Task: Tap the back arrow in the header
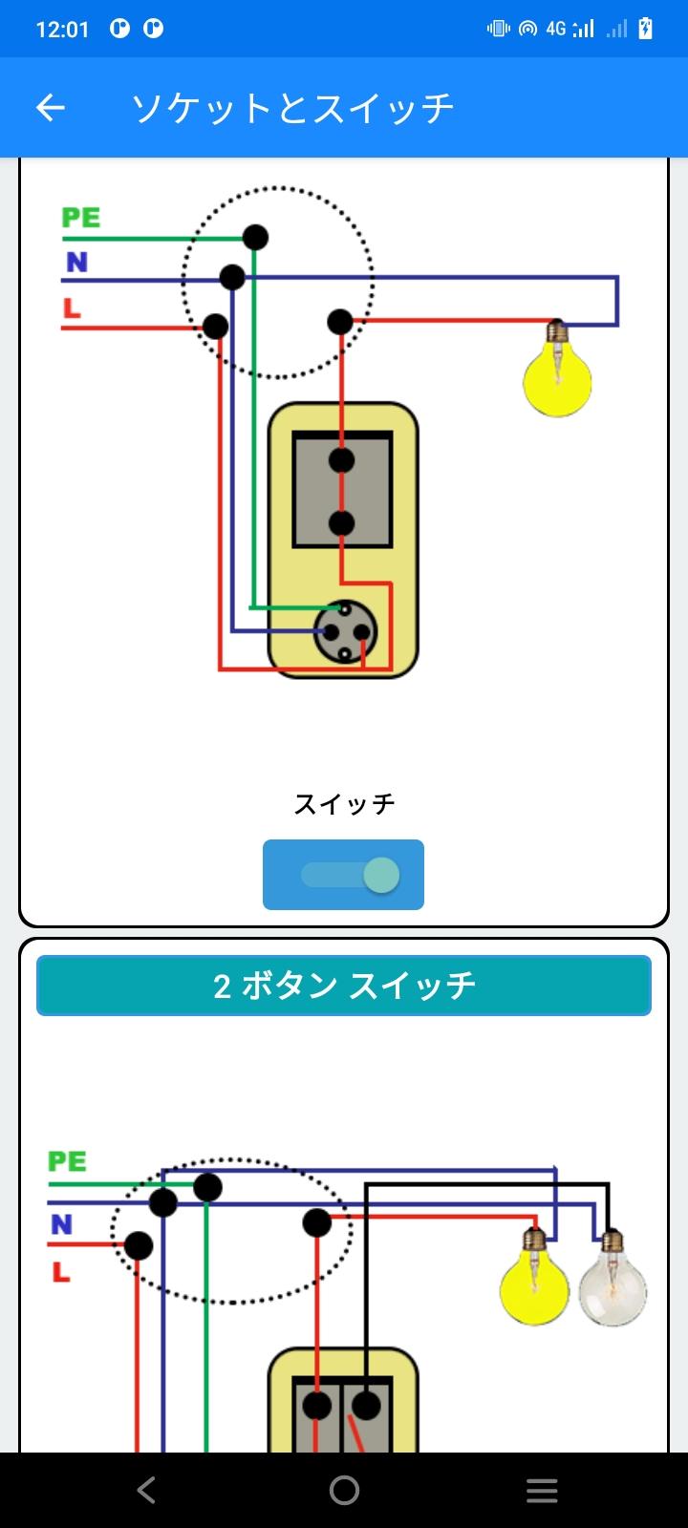[x=51, y=108]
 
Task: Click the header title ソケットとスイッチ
[x=292, y=108]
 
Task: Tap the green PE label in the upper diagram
[x=81, y=218]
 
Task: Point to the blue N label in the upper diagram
[x=77, y=262]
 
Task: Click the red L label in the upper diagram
[x=72, y=308]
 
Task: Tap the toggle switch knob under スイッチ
[x=381, y=875]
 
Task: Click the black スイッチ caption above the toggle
[x=344, y=803]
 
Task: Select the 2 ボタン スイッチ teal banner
[x=344, y=986]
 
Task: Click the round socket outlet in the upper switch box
[x=345, y=632]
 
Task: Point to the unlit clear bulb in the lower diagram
[x=613, y=1279]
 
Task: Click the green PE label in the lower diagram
[x=67, y=1161]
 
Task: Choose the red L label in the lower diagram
[x=61, y=1271]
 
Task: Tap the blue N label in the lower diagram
[x=61, y=1224]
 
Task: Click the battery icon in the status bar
[x=645, y=29]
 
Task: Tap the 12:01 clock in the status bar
[x=62, y=30]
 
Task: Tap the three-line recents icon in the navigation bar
[x=542, y=1491]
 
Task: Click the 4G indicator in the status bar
[x=555, y=29]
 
